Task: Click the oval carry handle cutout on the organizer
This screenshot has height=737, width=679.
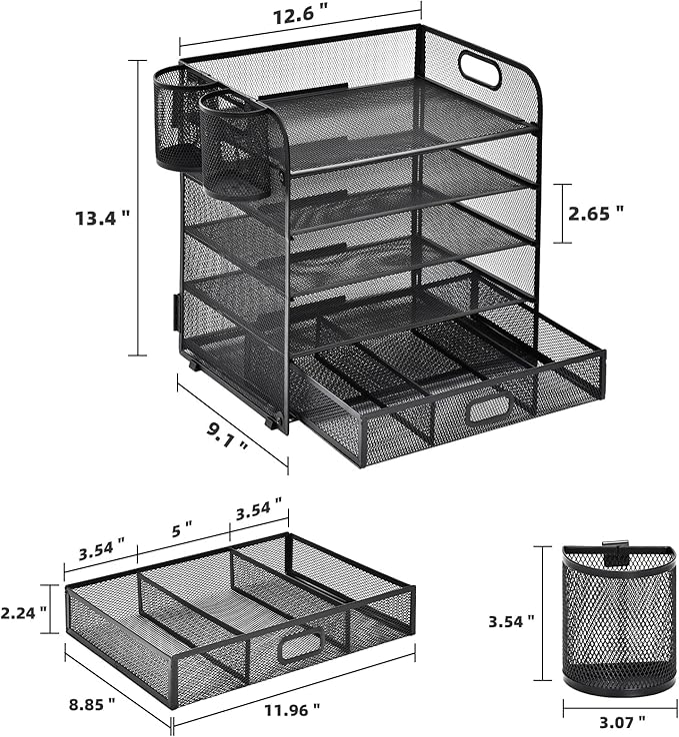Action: pyautogui.click(x=480, y=70)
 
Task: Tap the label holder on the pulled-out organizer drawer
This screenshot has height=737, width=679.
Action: pyautogui.click(x=488, y=408)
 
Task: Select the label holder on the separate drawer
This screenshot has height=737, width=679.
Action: pyautogui.click(x=300, y=647)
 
